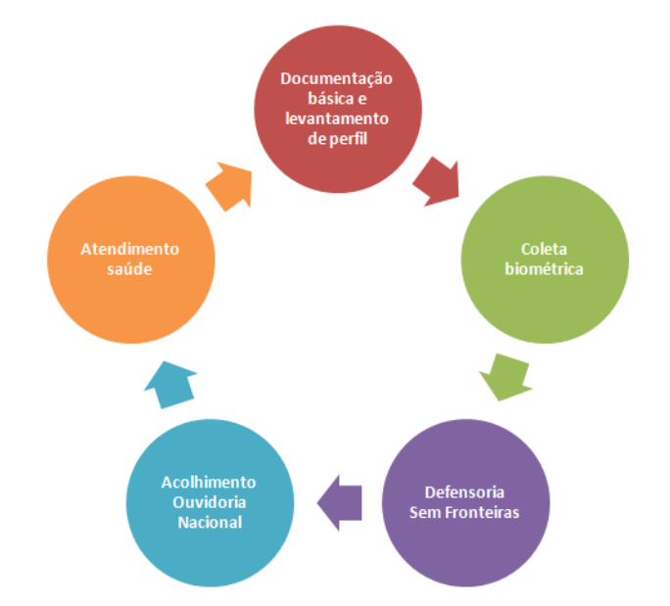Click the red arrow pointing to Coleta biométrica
click(x=436, y=181)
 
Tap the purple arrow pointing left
click(x=339, y=502)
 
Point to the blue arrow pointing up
click(x=170, y=383)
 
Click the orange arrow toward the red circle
click(x=230, y=185)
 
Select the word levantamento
click(x=337, y=117)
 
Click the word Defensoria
click(x=465, y=491)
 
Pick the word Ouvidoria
click(x=210, y=501)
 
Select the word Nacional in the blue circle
click(x=210, y=521)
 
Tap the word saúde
click(x=130, y=268)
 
